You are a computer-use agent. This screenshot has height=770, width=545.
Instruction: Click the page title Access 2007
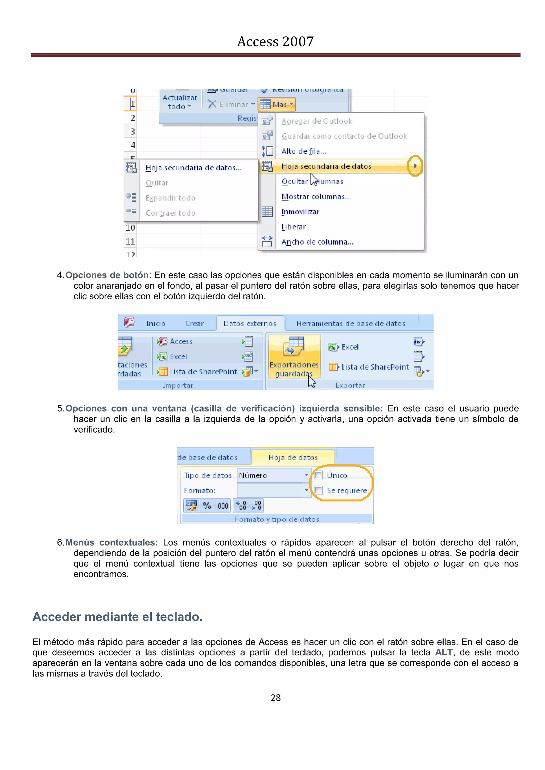click(275, 41)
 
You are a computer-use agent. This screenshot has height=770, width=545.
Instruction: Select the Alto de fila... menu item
click(303, 151)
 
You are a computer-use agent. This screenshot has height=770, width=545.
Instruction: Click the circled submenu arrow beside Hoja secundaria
click(415, 166)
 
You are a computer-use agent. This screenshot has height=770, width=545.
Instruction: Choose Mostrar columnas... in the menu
click(316, 197)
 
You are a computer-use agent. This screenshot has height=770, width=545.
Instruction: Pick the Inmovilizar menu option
click(300, 212)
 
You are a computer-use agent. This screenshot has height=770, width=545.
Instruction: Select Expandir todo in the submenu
click(170, 198)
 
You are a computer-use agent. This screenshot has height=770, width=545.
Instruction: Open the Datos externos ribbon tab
click(250, 324)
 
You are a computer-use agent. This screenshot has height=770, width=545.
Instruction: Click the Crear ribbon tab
click(194, 324)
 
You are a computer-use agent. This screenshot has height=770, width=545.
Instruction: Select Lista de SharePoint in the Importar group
click(203, 372)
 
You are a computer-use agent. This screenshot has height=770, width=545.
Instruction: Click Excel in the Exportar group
click(349, 347)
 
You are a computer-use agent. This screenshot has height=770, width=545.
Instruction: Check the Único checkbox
click(319, 475)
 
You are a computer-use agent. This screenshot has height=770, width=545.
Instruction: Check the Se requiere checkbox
click(319, 490)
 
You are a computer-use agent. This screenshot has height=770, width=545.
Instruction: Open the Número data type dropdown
click(306, 475)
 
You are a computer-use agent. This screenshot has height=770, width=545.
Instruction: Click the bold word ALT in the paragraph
click(444, 652)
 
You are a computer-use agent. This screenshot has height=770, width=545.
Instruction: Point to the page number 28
click(275, 698)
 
